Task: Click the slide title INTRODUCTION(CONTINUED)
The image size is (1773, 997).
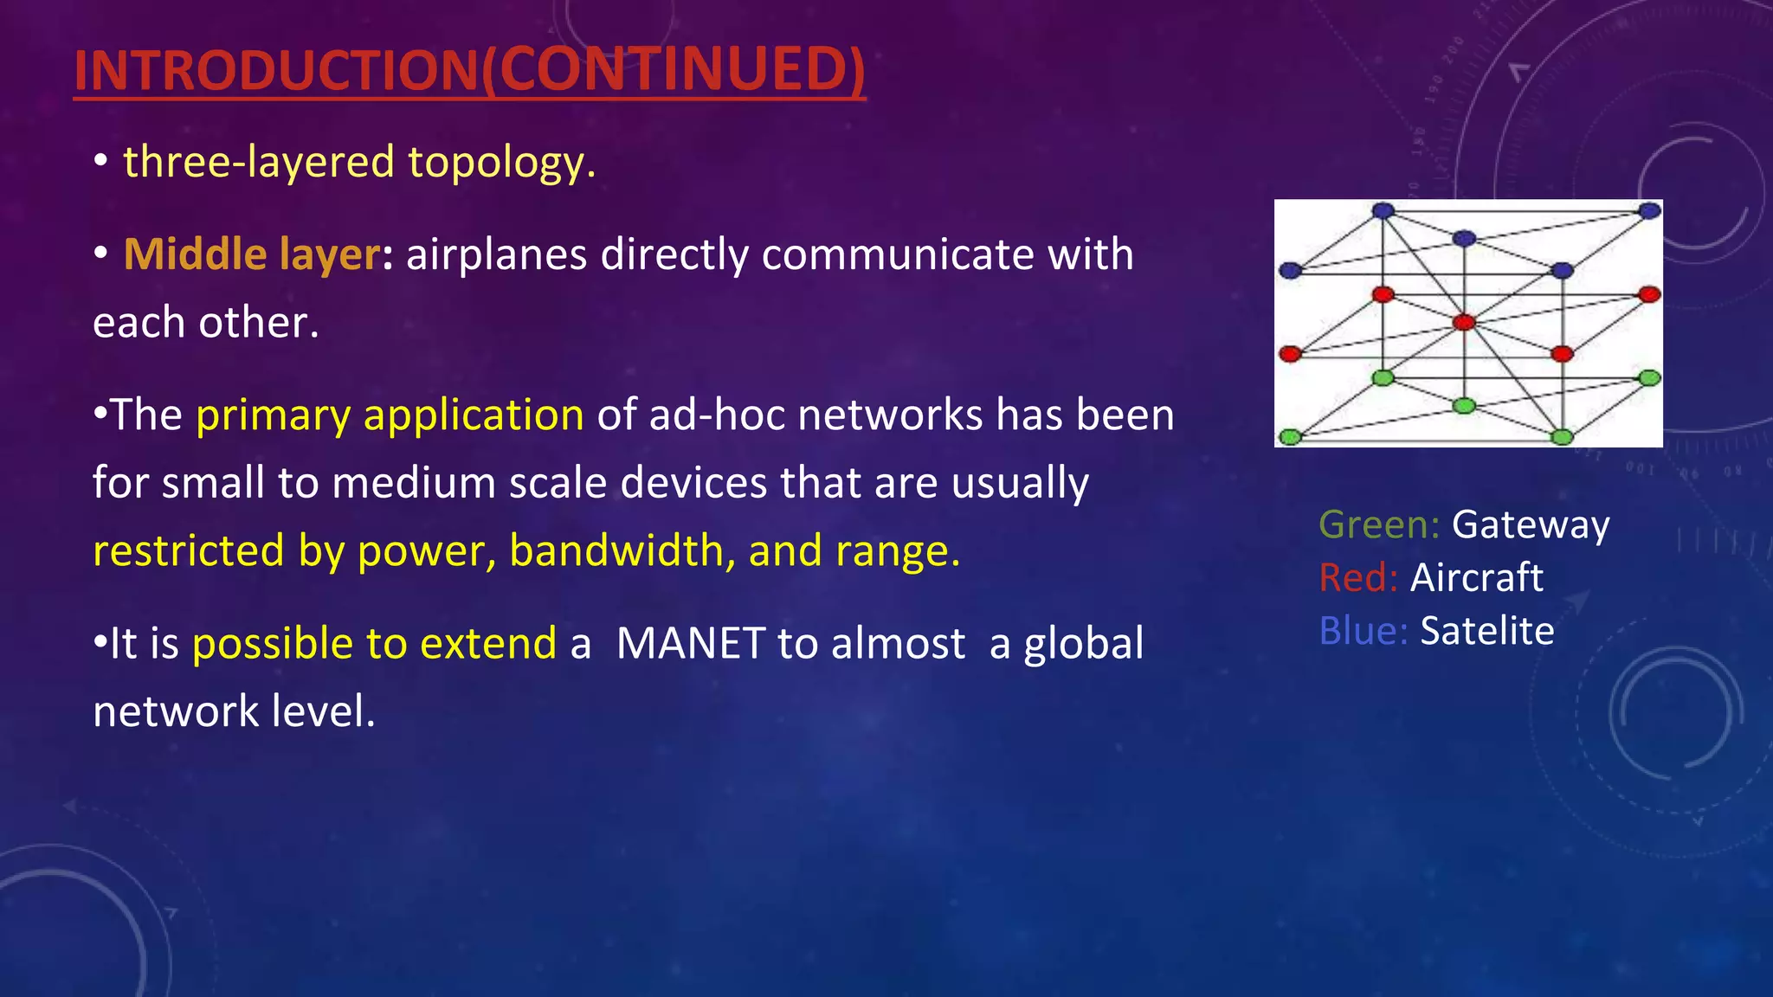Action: click(469, 71)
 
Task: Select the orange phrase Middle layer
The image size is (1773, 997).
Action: click(251, 254)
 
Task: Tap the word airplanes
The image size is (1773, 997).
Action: click(496, 254)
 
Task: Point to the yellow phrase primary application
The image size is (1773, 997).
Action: click(390, 415)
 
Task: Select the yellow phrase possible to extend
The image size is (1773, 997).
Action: click(374, 644)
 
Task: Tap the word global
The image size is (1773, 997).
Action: click(1083, 644)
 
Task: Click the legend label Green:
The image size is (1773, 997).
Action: click(1378, 525)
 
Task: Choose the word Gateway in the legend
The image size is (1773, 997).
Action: click(1530, 525)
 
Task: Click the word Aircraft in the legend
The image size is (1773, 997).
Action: click(1476, 578)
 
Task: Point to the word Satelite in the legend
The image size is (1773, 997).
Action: click(1486, 631)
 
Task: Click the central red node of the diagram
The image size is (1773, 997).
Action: click(1464, 323)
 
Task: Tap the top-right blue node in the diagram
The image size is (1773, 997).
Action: click(1650, 210)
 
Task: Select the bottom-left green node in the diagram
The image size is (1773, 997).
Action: click(1290, 437)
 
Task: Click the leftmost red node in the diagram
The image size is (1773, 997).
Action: click(1290, 354)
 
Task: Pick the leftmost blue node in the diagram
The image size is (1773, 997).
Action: click(1290, 271)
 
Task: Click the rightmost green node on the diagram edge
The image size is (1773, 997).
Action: click(1650, 378)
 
